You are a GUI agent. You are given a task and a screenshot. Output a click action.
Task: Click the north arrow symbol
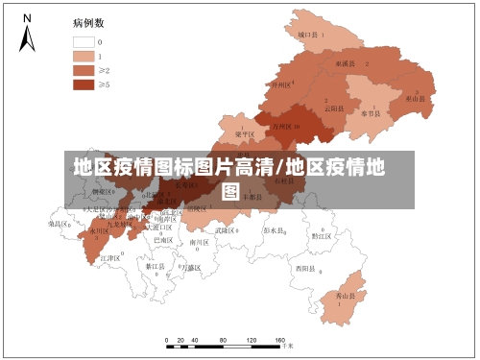(x=28, y=35)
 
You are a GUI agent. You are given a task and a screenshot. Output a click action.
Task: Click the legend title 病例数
(x=88, y=21)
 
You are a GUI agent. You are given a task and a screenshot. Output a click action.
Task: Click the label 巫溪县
(x=346, y=63)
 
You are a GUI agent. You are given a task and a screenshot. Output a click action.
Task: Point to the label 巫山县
(x=416, y=98)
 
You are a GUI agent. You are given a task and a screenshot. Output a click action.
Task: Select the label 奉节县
(x=371, y=113)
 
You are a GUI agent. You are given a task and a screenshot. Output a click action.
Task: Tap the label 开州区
(x=280, y=84)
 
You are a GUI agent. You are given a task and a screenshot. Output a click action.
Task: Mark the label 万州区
(x=284, y=125)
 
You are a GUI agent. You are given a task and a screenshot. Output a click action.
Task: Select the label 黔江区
(x=322, y=235)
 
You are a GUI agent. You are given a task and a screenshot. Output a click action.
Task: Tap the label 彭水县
(x=275, y=231)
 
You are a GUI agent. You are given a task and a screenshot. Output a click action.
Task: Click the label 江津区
(x=109, y=258)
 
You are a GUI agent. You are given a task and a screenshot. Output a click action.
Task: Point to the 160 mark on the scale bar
(x=280, y=341)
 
